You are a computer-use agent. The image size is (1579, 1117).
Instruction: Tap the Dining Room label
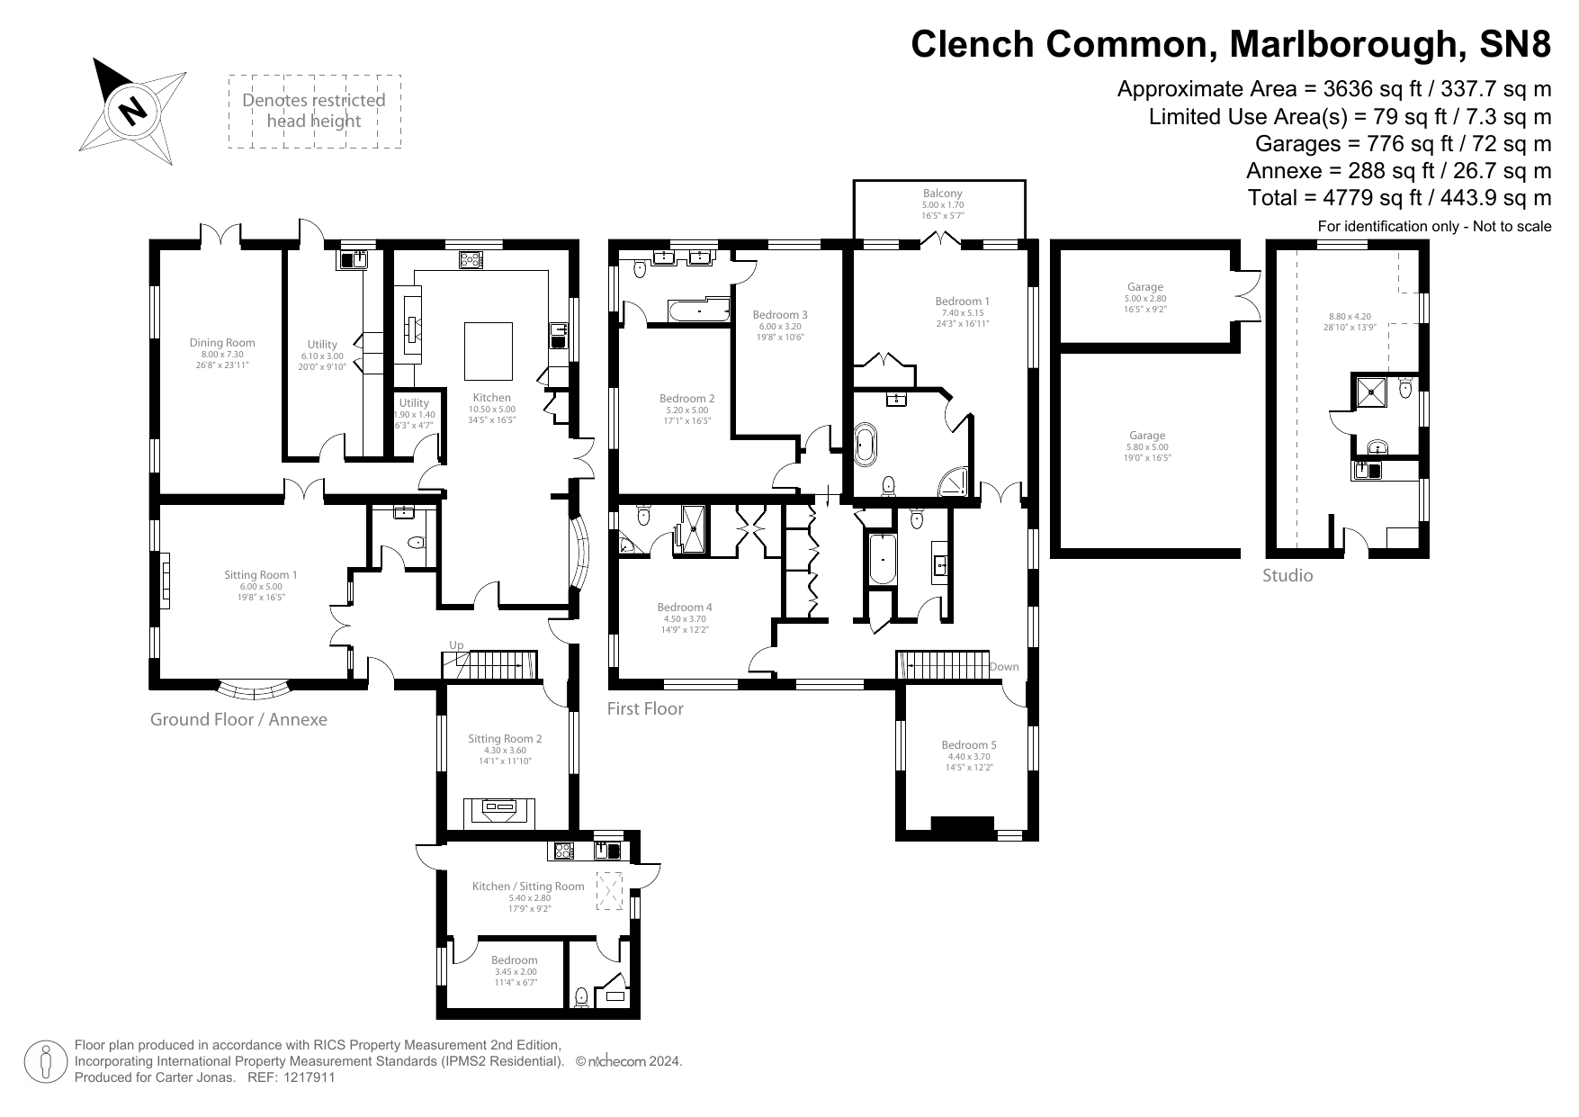coord(221,342)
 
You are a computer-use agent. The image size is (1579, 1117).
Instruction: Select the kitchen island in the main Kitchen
coord(489,350)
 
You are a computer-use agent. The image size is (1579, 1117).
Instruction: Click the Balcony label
coord(942,194)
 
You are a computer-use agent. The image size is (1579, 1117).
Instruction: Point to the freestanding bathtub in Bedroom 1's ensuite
coord(866,445)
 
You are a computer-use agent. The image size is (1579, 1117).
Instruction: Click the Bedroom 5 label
coord(969,745)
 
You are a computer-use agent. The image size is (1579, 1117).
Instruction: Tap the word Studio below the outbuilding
coord(1287,575)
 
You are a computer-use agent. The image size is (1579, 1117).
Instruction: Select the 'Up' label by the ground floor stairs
coord(456,645)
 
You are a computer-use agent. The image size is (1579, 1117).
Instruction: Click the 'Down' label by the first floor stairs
coord(1003,667)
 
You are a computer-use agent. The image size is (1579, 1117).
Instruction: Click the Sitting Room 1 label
coord(260,575)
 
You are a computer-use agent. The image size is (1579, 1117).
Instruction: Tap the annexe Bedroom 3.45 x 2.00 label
coord(515,960)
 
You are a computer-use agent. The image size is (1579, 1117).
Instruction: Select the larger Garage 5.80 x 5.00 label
coord(1147,436)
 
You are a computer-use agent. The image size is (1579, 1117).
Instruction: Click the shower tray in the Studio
coord(1374,391)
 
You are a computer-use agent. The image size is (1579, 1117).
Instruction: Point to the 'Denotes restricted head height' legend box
coord(313,112)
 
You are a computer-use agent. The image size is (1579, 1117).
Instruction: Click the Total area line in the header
coord(1399,197)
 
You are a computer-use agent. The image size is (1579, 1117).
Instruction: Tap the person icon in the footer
coord(45,1062)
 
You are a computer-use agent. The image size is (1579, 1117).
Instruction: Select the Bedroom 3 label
coord(780,315)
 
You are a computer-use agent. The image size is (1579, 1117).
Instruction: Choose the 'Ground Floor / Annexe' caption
coord(238,719)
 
